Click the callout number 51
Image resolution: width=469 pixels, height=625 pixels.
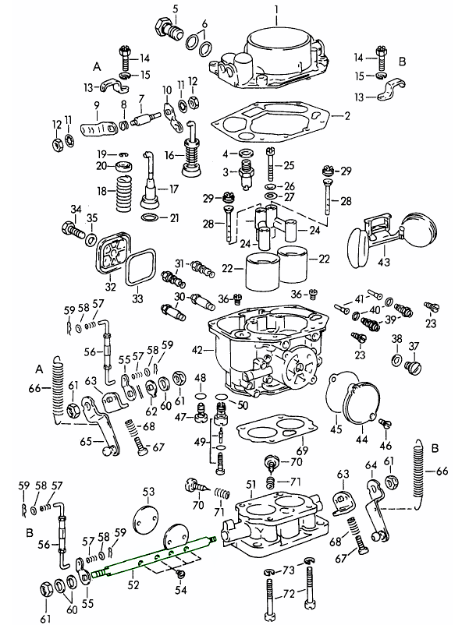tap(251, 486)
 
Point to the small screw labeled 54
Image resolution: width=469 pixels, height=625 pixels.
tap(180, 574)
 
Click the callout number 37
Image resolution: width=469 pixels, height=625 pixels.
tap(414, 347)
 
